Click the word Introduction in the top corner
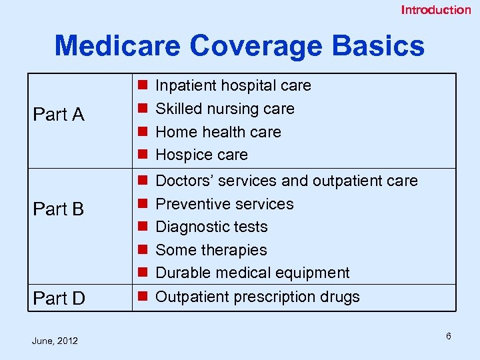tap(435, 9)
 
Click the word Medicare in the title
tap(117, 46)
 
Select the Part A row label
tap(59, 115)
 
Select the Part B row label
tap(59, 209)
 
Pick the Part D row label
tap(59, 299)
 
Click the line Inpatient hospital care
tap(233, 85)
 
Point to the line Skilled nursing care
tap(225, 109)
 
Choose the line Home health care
tap(218, 132)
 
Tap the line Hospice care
tap(201, 155)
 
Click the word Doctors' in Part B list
tap(181, 181)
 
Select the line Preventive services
tap(224, 204)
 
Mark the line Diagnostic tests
tap(211, 227)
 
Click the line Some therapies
tap(211, 250)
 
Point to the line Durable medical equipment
tap(252, 273)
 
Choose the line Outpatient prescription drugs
tap(257, 297)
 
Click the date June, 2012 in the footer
tap(55, 341)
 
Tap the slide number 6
tap(449, 336)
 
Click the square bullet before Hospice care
tap(141, 155)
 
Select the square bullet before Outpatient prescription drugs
tap(141, 297)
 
